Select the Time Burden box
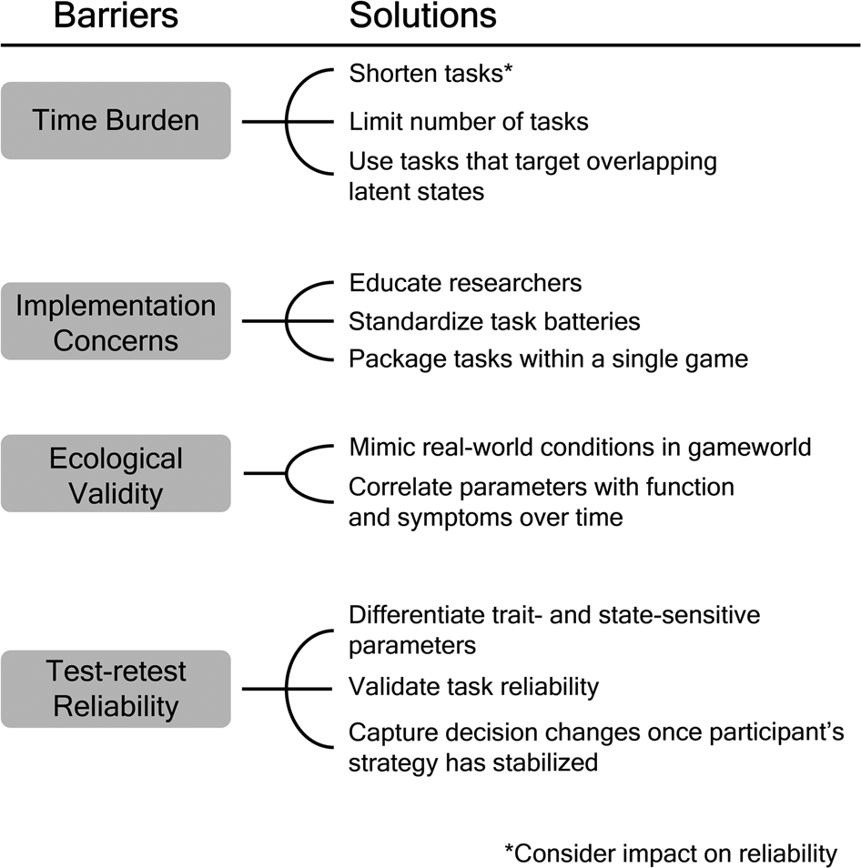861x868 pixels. click(x=116, y=120)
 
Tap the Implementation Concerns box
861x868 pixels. click(x=116, y=321)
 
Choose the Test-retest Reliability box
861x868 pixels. click(x=116, y=688)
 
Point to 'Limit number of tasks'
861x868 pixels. click(x=468, y=120)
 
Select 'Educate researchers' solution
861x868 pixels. click(x=465, y=282)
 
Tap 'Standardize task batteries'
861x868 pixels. click(x=494, y=321)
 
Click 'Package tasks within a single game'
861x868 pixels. click(x=548, y=359)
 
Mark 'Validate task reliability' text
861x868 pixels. click(x=474, y=686)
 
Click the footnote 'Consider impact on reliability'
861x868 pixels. click(x=671, y=853)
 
